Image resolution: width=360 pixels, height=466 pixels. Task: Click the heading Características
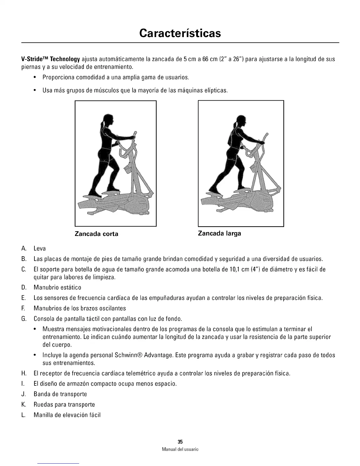(180, 33)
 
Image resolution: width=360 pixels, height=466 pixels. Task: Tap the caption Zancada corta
(96, 234)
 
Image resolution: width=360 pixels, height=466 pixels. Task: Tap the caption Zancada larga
(219, 234)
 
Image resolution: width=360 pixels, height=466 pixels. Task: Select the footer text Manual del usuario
(180, 450)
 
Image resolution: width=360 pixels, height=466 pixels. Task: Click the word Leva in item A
(40, 249)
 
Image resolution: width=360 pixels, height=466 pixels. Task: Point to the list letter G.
(24, 319)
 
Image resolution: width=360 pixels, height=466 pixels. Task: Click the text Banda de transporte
(60, 394)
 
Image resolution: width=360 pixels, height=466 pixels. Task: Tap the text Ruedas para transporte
(64, 405)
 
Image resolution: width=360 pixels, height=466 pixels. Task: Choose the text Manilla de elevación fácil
(67, 415)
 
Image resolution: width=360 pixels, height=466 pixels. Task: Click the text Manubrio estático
(57, 287)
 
